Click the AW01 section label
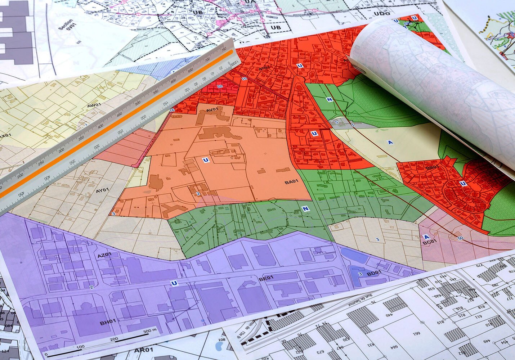coord(94,105)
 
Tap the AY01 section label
coord(102,190)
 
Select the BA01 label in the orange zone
coord(291,182)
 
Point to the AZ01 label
coord(104,255)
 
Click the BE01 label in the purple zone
coord(266,278)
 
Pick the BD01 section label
coord(374,273)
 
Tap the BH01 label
coord(108,321)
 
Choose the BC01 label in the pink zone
coord(429,242)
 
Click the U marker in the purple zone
coord(174,283)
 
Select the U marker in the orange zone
coord(205,160)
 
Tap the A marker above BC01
coord(427,237)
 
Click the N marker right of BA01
coord(305,209)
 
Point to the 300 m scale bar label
coord(150,330)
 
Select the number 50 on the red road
coord(460,238)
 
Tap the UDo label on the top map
coord(382,13)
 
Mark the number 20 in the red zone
coord(220,86)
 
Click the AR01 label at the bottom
coord(144,350)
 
